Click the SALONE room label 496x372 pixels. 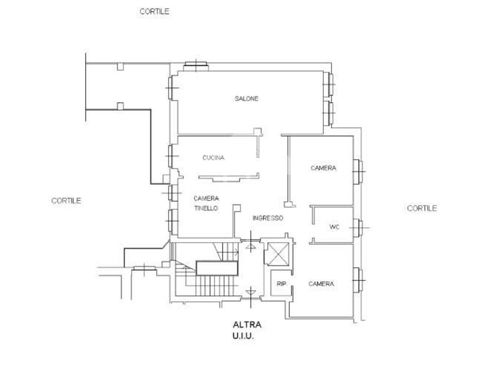(x=246, y=99)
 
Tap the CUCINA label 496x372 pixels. (x=213, y=158)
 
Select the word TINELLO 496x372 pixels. (x=206, y=208)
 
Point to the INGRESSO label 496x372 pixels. (x=268, y=218)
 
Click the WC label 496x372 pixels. (x=334, y=227)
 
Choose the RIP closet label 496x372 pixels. (x=281, y=284)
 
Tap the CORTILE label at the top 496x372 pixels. (x=155, y=12)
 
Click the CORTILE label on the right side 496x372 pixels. (x=422, y=208)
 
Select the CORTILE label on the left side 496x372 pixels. (x=66, y=201)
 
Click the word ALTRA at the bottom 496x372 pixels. (x=247, y=325)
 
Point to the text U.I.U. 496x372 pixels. (x=243, y=336)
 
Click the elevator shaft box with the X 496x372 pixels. (x=276, y=254)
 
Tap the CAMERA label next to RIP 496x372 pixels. (x=321, y=284)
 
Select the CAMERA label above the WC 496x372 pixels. (x=323, y=168)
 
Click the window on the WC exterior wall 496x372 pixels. (x=358, y=228)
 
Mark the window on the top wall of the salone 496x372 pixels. (x=196, y=66)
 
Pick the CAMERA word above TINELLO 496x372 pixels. (x=206, y=198)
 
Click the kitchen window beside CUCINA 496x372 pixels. (x=172, y=156)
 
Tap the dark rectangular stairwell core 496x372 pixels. (x=217, y=268)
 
